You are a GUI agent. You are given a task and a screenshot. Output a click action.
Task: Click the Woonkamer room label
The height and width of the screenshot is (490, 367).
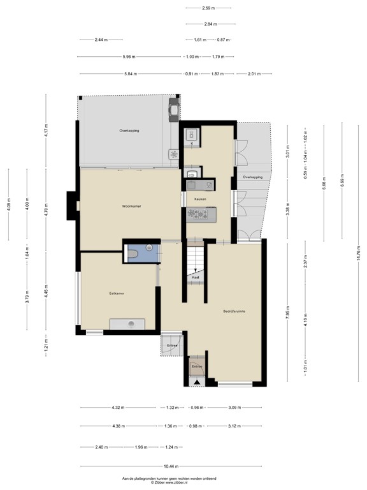[x=131, y=207]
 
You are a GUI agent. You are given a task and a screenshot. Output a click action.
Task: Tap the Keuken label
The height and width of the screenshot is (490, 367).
[x=200, y=199]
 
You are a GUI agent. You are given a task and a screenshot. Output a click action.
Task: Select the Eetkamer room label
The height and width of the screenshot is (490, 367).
[x=117, y=293]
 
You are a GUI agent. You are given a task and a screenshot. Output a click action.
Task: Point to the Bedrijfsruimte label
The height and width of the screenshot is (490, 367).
[x=234, y=311]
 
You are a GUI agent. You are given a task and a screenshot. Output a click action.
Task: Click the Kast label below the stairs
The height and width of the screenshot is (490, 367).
[x=196, y=278]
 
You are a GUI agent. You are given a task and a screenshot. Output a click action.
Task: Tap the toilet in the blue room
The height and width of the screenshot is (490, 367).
[x=133, y=254]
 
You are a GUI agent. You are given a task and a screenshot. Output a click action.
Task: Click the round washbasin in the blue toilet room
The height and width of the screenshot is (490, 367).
[x=148, y=247]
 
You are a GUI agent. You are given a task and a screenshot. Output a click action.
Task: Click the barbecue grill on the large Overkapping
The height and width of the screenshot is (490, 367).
[x=173, y=109]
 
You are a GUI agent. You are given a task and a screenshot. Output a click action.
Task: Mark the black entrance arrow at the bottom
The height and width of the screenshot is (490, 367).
[x=197, y=382]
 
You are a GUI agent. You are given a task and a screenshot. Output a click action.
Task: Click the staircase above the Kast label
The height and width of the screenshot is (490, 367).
[x=196, y=258]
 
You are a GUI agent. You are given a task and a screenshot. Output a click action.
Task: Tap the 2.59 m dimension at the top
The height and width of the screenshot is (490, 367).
[x=208, y=8]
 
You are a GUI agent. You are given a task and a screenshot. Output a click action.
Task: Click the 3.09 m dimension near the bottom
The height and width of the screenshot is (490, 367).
[x=234, y=407]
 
